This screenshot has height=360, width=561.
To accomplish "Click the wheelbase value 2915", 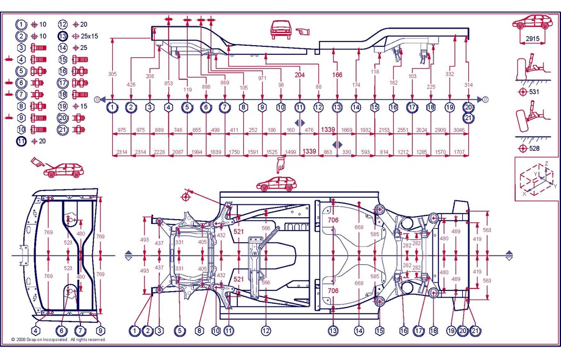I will click(533, 38).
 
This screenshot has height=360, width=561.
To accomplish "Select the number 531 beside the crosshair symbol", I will click(534, 92).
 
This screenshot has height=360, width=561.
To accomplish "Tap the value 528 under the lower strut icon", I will click(534, 148).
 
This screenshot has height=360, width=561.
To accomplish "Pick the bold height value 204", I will click(299, 75).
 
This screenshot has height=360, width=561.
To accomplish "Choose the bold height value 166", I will click(337, 75).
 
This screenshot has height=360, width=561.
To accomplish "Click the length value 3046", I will click(468, 130).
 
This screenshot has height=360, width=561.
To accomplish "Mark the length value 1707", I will click(468, 151).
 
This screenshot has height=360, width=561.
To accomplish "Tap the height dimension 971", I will click(262, 79).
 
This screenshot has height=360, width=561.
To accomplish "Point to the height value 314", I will click(468, 84).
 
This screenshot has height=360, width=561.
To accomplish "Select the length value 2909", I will click(449, 130).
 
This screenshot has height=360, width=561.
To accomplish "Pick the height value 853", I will click(168, 84).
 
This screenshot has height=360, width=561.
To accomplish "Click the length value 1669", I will click(347, 130).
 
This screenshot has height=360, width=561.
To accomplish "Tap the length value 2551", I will click(402, 130).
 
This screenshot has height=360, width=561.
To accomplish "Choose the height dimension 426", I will click(131, 84).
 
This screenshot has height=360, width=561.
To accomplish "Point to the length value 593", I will click(365, 151).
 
